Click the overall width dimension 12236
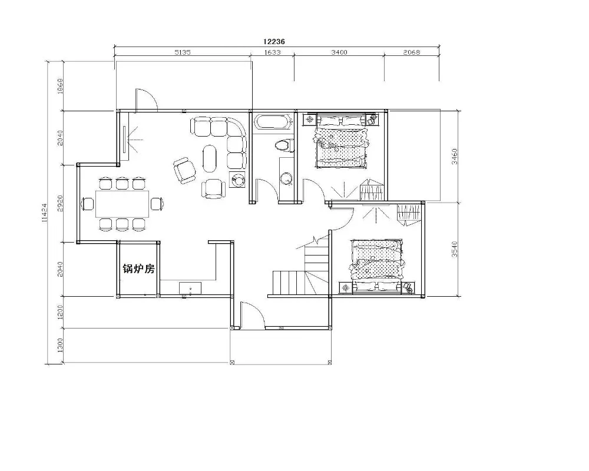(x=274, y=41)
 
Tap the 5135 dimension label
(x=183, y=52)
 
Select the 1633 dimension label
(x=272, y=52)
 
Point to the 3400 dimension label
(x=339, y=52)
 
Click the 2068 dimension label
(x=412, y=52)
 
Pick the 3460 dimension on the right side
(x=455, y=157)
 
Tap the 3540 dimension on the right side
(x=455, y=249)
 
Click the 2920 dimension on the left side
(x=60, y=203)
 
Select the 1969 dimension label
(x=60, y=87)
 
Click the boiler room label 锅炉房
(x=138, y=268)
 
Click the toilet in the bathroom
(x=284, y=145)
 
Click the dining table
(x=123, y=204)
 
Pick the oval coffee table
(x=210, y=158)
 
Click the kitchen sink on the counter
(x=190, y=288)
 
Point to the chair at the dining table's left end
(x=88, y=204)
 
